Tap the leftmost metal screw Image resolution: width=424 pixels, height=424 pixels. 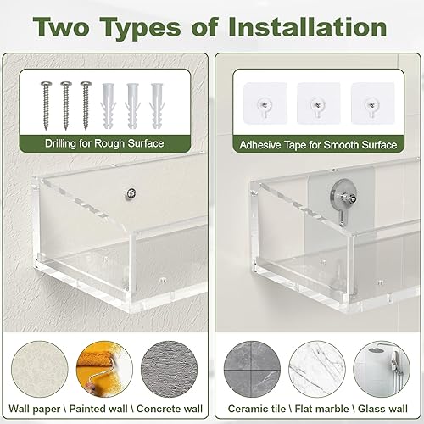pyautogui.click(x=45, y=99)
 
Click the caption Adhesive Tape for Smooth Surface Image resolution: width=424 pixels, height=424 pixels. pyautogui.click(x=318, y=144)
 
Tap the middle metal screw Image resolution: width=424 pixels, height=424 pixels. pyautogui.click(x=64, y=99)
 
